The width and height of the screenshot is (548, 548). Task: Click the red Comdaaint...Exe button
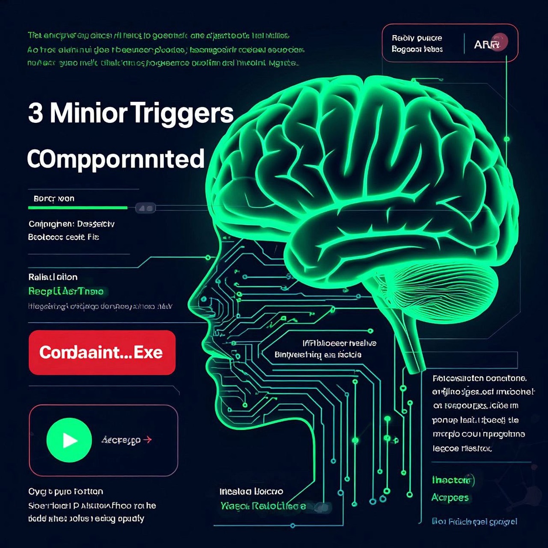(x=102, y=353)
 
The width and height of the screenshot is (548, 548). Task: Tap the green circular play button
(x=69, y=440)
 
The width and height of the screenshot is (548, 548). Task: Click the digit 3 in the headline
(x=36, y=113)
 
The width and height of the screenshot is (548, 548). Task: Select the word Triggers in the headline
(x=182, y=114)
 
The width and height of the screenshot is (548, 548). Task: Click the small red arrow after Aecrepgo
(x=148, y=440)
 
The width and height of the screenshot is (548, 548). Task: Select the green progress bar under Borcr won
(x=78, y=208)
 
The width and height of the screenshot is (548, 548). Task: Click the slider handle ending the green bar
(x=146, y=208)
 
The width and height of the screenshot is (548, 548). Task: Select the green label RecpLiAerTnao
(x=66, y=291)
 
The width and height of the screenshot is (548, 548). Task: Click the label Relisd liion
(x=53, y=277)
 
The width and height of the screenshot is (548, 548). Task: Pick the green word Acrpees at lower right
(x=450, y=498)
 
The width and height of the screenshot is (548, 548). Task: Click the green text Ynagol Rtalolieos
(x=263, y=506)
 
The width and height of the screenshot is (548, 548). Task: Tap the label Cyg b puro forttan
(x=66, y=491)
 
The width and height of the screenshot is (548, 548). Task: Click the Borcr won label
(x=54, y=199)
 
